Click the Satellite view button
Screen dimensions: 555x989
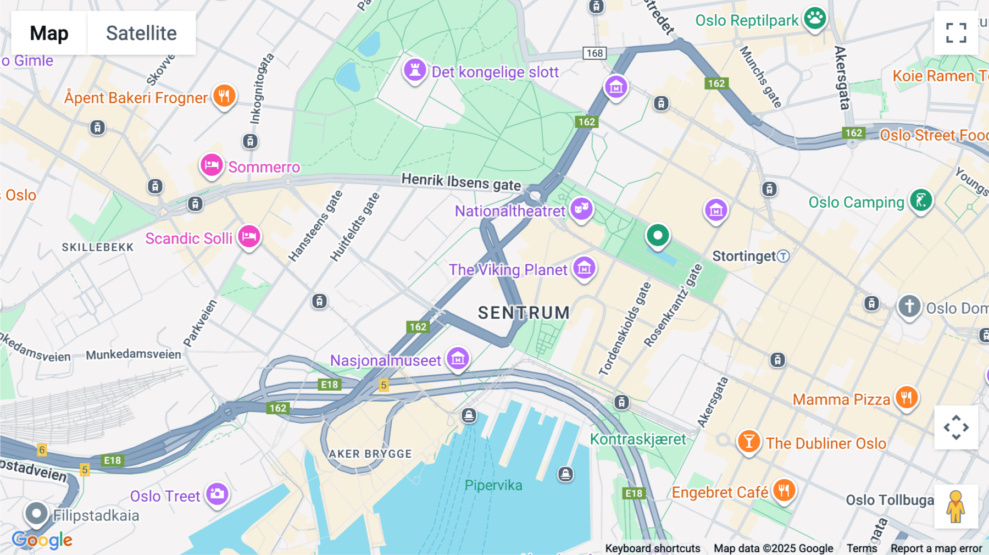tap(141, 33)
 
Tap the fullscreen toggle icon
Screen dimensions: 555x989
tap(956, 33)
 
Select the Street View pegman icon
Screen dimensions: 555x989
tap(956, 506)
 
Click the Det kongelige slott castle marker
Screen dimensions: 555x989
tap(415, 70)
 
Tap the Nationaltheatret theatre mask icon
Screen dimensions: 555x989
tap(581, 209)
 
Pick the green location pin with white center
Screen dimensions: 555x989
tap(657, 235)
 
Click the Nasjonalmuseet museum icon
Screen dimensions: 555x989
tap(458, 359)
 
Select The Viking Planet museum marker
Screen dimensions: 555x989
tap(584, 268)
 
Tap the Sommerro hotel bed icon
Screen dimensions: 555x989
tap(212, 165)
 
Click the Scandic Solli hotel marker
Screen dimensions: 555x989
tap(249, 237)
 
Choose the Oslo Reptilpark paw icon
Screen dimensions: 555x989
tap(815, 19)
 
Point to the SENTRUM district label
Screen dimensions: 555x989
tap(524, 313)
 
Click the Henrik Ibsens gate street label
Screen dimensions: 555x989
tap(461, 182)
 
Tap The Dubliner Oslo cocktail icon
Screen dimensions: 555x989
tap(748, 441)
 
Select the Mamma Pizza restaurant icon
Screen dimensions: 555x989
tap(907, 397)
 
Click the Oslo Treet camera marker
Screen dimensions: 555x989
tap(217, 494)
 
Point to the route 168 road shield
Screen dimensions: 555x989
tap(594, 53)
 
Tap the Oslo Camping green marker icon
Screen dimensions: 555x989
tap(921, 201)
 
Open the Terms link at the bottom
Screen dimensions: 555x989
tap(862, 548)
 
